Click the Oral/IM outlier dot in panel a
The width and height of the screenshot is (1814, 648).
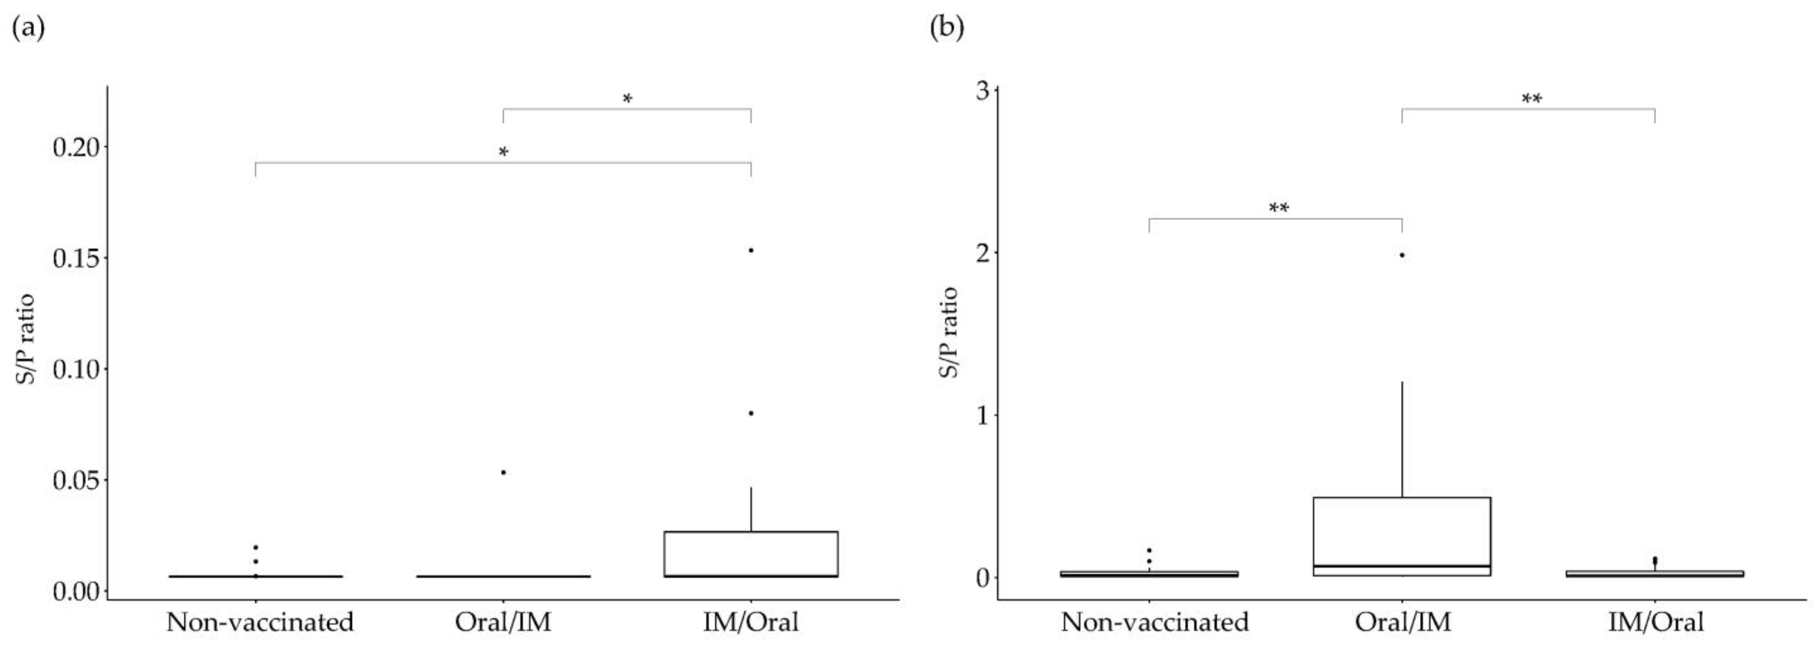(503, 472)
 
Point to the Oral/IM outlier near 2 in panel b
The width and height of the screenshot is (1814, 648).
(1402, 255)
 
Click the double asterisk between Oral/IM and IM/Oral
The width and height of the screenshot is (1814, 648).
(1532, 99)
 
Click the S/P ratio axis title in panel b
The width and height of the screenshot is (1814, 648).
(950, 331)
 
